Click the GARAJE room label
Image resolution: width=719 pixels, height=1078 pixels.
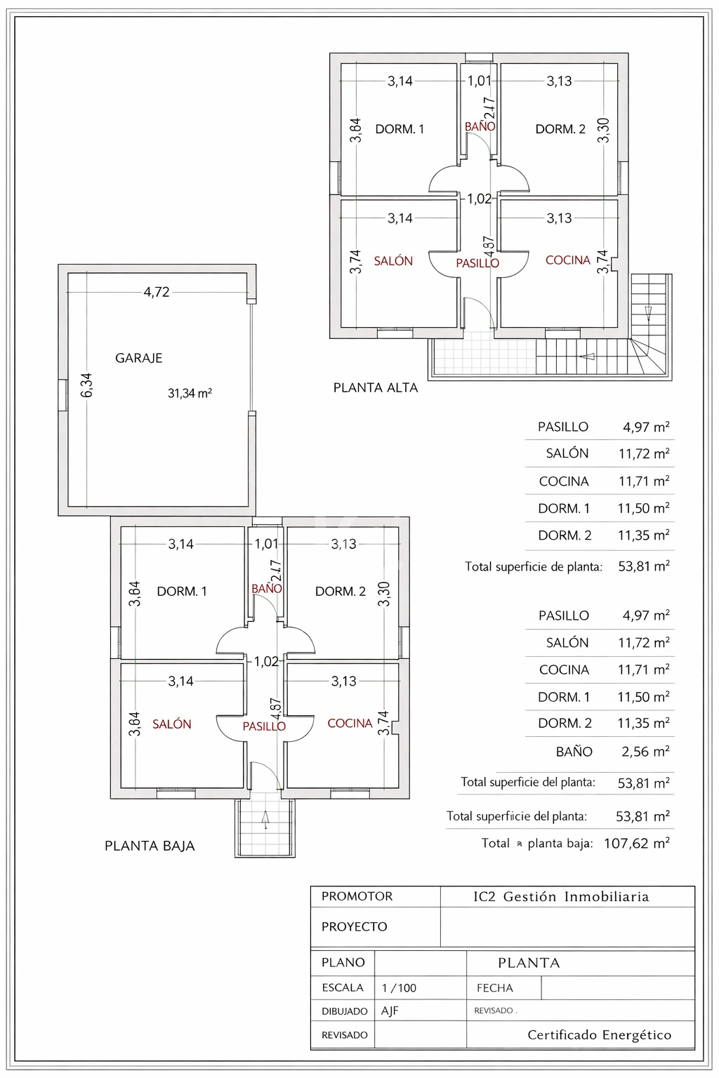click(138, 358)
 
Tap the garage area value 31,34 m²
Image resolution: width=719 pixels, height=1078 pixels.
click(190, 393)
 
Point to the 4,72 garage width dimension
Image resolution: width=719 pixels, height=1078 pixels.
click(157, 292)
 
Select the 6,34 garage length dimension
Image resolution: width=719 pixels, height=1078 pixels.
click(86, 385)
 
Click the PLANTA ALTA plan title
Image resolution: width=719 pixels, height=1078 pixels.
click(375, 387)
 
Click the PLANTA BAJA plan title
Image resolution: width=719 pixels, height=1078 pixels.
click(150, 846)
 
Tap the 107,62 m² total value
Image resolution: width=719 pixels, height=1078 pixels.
click(636, 843)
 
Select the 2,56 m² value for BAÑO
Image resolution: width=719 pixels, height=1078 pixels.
click(645, 752)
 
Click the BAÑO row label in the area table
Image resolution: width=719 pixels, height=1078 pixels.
click(574, 752)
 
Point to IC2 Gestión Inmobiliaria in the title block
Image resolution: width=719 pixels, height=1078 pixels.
click(561, 896)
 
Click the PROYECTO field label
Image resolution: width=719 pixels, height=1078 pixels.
click(354, 926)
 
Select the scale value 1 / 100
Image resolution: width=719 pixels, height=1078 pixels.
click(399, 988)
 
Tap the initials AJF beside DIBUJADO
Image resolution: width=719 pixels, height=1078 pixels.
click(390, 1011)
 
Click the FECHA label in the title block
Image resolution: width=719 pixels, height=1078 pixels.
click(494, 988)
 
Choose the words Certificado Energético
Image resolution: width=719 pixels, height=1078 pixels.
click(599, 1034)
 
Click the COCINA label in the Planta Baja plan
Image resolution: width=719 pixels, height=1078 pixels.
click(350, 723)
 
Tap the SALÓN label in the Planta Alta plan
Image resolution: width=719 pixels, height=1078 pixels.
click(393, 261)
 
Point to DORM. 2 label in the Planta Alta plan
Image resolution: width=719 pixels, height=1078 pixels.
click(560, 129)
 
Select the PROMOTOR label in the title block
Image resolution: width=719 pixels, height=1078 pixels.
click(357, 896)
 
